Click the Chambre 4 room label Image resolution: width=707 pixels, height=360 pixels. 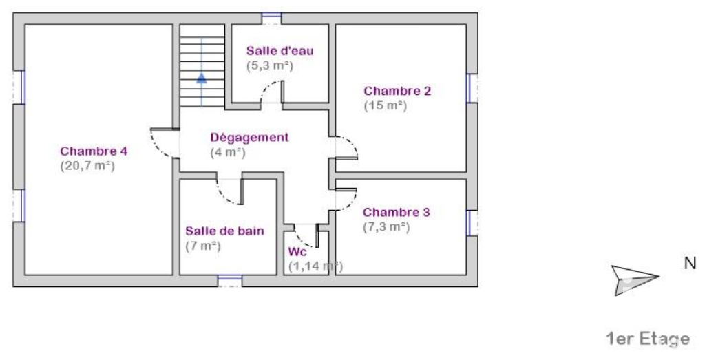94,151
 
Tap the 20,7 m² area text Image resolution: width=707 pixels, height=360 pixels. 87,166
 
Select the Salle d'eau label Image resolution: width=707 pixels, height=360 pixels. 279,51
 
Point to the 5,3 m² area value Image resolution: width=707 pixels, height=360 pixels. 270,66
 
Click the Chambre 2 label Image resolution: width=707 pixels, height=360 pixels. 397,91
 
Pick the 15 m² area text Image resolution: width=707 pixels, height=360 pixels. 385,106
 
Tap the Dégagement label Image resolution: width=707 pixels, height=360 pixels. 249,138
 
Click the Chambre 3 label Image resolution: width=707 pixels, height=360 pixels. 397,212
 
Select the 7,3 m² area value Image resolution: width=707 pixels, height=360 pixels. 386,227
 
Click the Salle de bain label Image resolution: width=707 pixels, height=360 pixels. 224,231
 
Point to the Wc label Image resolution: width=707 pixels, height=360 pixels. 297,252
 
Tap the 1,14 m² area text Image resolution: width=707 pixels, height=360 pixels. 315,266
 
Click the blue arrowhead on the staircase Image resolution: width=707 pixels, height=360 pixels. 202,78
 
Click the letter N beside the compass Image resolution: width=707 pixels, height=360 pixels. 690,264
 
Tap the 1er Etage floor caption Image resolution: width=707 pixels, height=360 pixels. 648,339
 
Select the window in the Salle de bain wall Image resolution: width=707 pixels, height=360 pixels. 230,281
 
